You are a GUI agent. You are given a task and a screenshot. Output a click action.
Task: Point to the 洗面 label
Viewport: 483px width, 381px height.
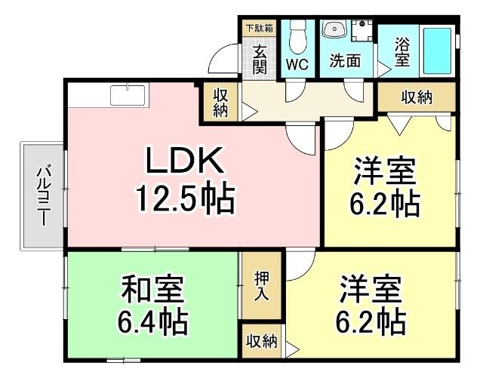(345, 62)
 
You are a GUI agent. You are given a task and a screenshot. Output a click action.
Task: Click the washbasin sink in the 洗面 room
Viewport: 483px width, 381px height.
(333, 31)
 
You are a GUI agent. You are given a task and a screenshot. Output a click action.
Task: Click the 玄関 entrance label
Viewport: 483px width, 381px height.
(260, 60)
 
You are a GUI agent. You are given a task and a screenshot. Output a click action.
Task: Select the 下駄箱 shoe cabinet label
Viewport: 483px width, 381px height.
(260, 29)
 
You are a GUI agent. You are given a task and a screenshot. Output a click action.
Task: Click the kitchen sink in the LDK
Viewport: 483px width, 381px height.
(129, 96)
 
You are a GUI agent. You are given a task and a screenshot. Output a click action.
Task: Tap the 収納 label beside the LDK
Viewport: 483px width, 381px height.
(220, 103)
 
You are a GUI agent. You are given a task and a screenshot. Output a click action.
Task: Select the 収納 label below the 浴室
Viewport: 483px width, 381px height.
(417, 97)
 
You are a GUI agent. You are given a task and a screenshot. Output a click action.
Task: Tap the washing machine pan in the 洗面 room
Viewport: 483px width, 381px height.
(364, 31)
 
